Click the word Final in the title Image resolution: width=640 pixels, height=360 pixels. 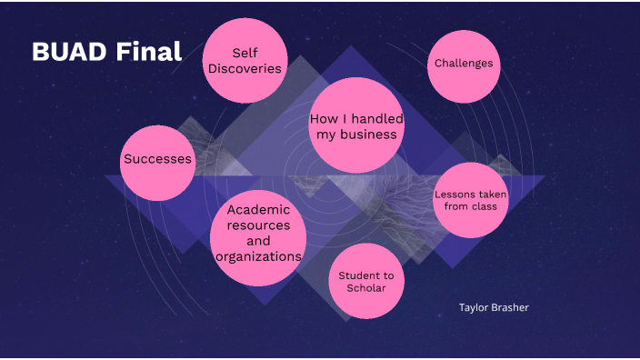(149, 52)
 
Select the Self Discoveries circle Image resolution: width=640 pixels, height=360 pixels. (243, 61)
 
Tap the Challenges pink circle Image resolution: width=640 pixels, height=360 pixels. (464, 64)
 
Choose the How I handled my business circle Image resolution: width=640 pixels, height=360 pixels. (356, 126)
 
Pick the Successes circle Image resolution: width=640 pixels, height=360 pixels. (158, 159)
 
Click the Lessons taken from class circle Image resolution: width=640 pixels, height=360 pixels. (470, 201)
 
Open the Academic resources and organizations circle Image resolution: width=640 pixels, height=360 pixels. (258, 234)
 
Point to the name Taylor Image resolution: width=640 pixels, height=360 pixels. (475, 307)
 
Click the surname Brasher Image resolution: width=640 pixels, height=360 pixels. (511, 307)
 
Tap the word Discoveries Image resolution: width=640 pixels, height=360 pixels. (243, 69)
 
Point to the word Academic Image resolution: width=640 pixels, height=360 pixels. (258, 209)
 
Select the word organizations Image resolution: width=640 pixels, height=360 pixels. (258, 256)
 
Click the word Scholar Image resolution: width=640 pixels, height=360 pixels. (365, 289)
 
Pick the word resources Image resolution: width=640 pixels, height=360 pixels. (258, 225)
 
